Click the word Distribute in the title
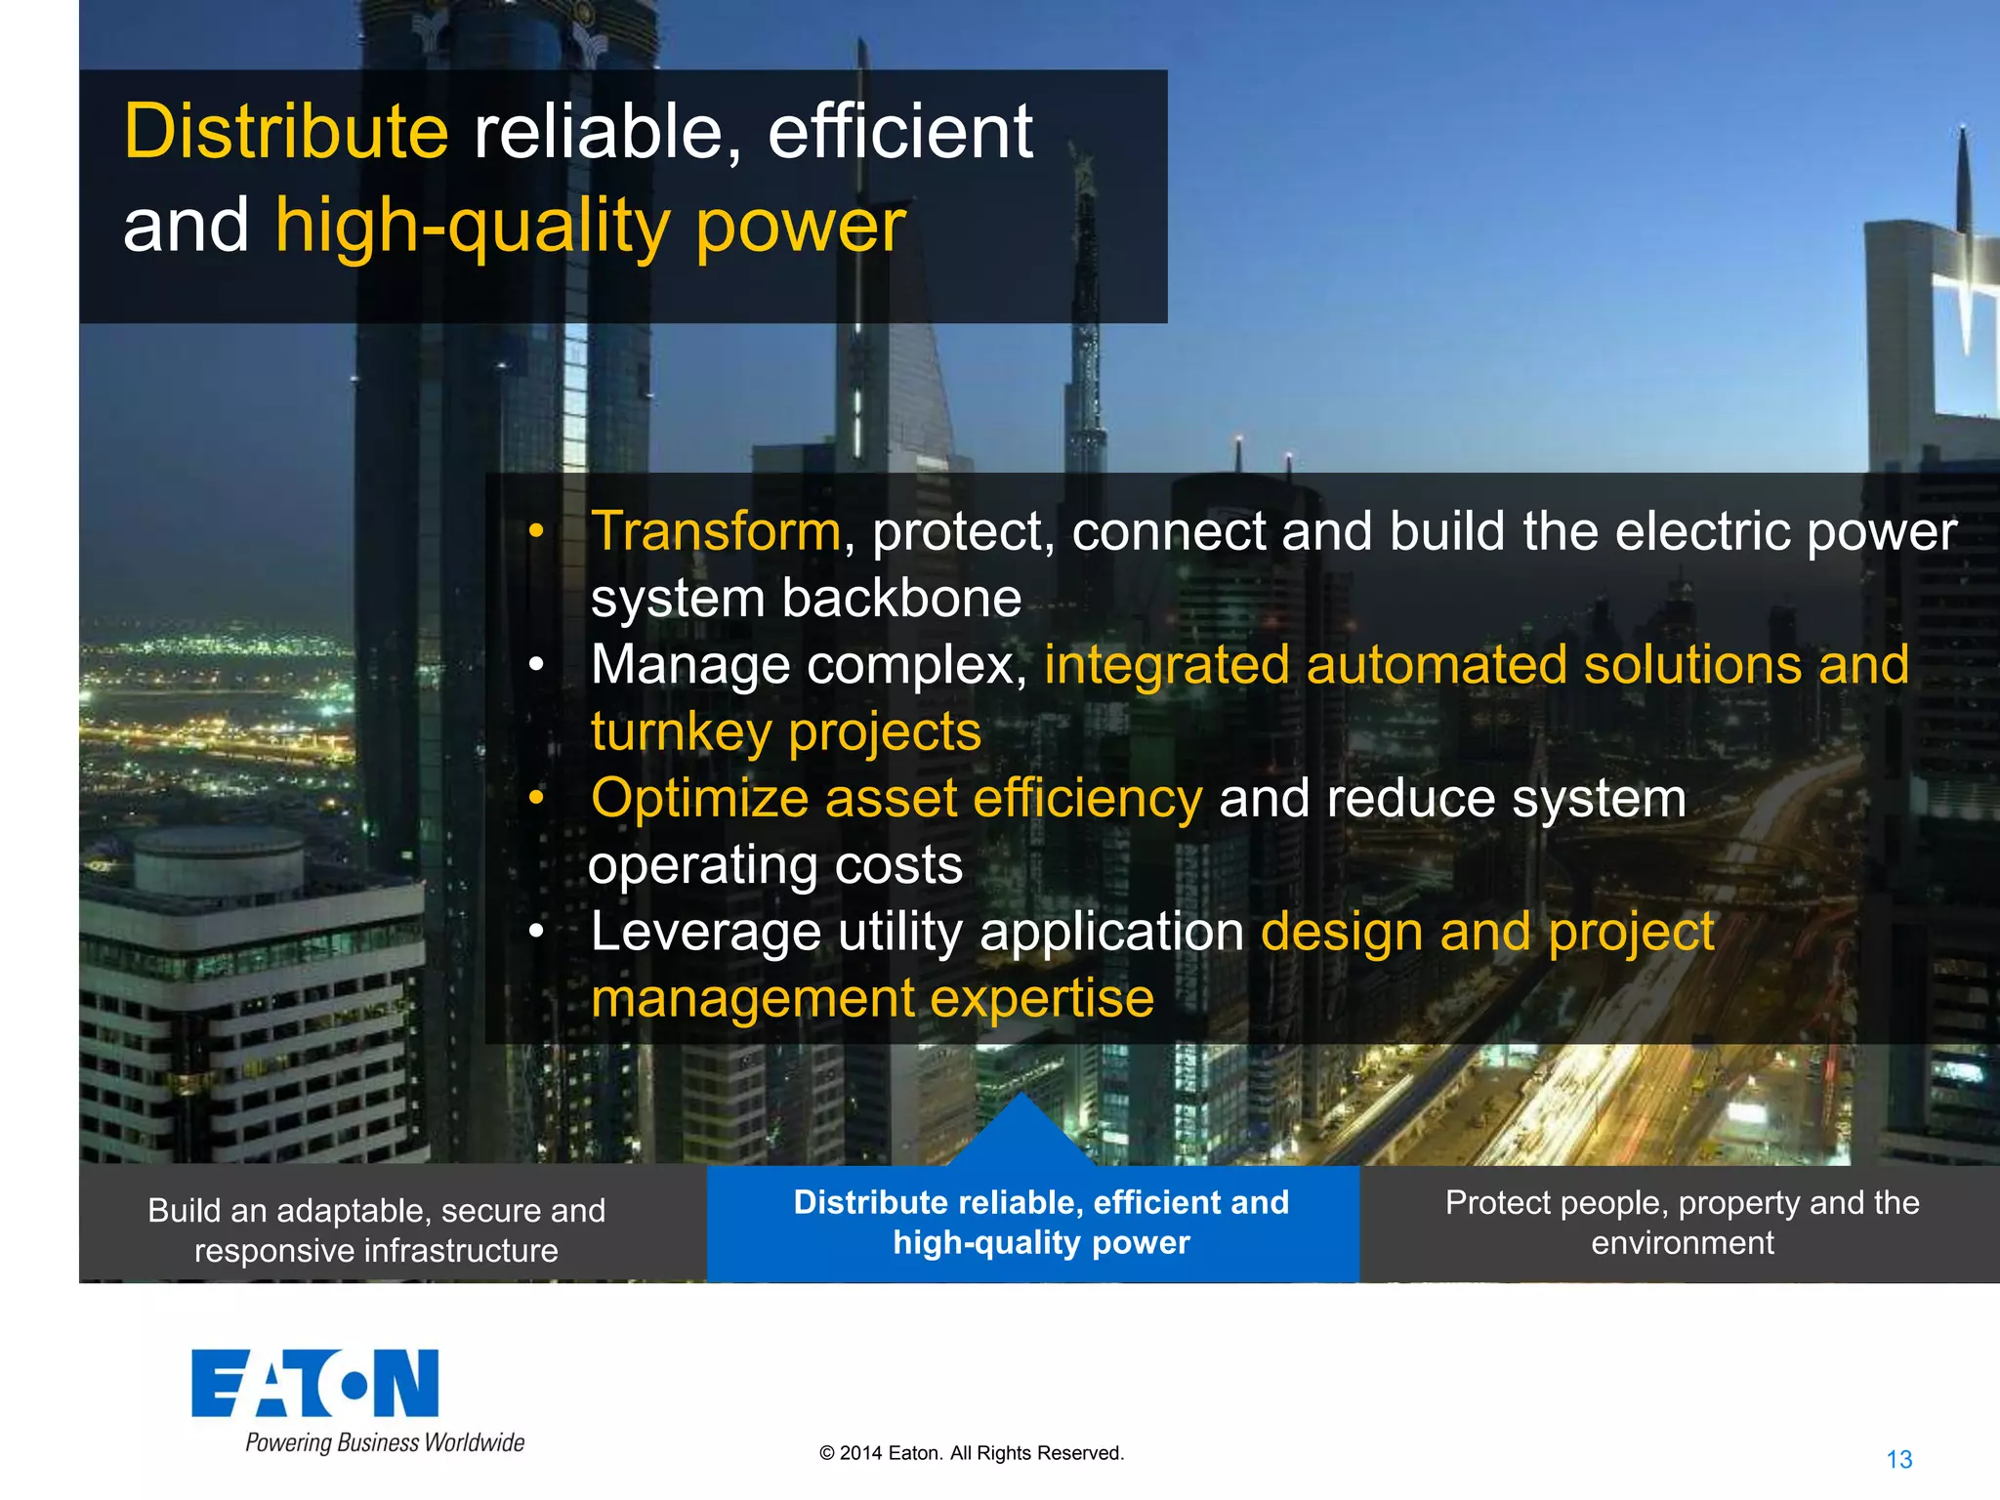click(285, 132)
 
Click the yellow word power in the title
click(801, 227)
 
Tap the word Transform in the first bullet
click(716, 531)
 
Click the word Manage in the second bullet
click(690, 665)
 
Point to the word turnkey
click(681, 731)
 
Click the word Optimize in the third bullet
click(699, 798)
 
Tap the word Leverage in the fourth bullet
click(705, 932)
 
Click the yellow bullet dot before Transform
click(535, 532)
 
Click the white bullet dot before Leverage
click(535, 932)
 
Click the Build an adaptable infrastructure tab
click(376, 1229)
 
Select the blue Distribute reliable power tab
click(1041, 1222)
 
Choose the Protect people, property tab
click(1682, 1222)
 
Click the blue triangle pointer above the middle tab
click(1021, 1133)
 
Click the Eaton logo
click(314, 1383)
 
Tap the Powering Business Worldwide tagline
click(385, 1442)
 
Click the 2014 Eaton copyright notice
click(971, 1453)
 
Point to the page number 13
click(1898, 1459)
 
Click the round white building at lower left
click(220, 859)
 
